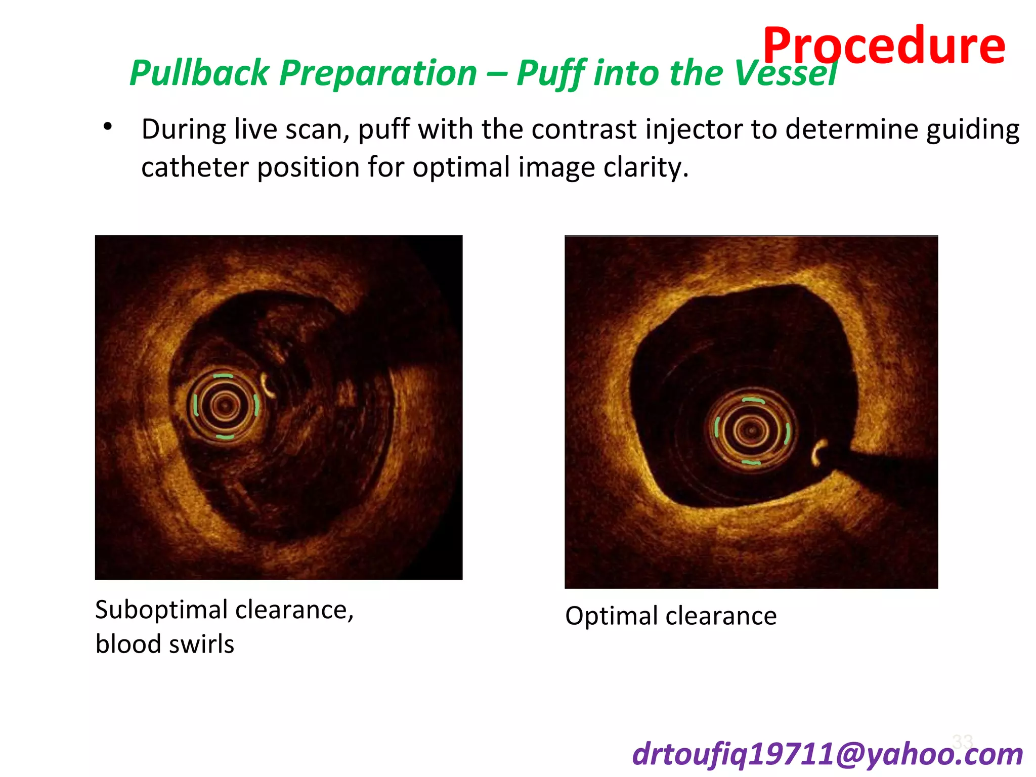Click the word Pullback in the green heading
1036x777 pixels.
[x=199, y=73]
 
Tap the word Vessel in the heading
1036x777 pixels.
[x=786, y=73]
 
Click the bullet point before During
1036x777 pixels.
[x=107, y=126]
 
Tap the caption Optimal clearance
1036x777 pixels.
[x=670, y=616]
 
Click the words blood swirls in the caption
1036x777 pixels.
[x=165, y=644]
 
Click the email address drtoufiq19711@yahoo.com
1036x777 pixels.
[x=828, y=754]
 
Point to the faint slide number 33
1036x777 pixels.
[x=962, y=742]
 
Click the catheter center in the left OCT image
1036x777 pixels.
[x=225, y=405]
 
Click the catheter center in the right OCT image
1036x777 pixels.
[x=751, y=430]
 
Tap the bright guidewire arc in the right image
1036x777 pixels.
[x=817, y=452]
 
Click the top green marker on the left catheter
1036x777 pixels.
[x=223, y=376]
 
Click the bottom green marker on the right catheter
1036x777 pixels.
[x=751, y=462]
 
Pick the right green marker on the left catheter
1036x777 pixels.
[x=256, y=405]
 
